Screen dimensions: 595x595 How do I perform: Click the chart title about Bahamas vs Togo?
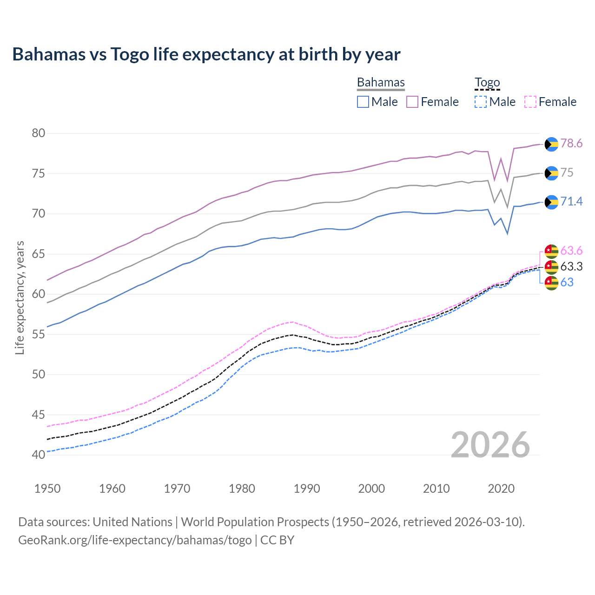click(x=206, y=54)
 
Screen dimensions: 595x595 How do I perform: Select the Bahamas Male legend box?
click(x=363, y=102)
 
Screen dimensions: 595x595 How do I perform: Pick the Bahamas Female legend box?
click(x=412, y=102)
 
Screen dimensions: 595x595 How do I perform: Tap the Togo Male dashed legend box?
click(x=481, y=102)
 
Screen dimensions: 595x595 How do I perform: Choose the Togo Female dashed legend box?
click(x=530, y=102)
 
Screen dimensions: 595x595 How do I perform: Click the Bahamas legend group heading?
click(x=381, y=82)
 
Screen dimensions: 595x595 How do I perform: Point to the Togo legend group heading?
click(x=487, y=82)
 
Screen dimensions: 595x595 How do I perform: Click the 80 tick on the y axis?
click(x=39, y=133)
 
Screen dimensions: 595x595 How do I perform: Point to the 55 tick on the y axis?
click(x=39, y=334)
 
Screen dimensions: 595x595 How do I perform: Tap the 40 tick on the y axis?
click(x=39, y=455)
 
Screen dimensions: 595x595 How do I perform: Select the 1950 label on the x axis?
click(x=47, y=489)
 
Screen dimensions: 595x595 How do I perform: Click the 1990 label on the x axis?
click(x=307, y=489)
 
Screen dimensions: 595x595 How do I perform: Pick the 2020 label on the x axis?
click(x=501, y=489)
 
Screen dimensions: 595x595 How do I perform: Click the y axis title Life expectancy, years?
click(x=20, y=297)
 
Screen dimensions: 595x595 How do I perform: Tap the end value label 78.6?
click(x=571, y=144)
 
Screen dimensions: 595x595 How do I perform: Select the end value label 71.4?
click(x=571, y=201)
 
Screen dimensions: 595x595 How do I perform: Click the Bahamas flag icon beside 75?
click(x=551, y=173)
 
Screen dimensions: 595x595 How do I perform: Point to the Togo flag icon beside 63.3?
click(x=551, y=267)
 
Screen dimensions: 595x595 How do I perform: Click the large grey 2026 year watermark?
click(x=490, y=445)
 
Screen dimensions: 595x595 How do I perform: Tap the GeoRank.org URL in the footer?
click(x=135, y=540)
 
